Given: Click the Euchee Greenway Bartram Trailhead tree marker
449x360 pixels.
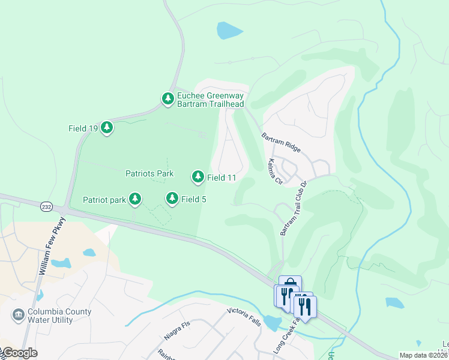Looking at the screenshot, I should [x=167, y=98].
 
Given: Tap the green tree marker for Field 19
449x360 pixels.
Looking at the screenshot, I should [x=107, y=127].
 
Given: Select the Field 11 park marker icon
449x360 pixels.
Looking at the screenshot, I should [x=197, y=176].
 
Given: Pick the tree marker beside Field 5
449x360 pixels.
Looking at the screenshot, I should [x=172, y=198].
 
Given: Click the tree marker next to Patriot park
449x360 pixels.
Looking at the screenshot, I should [x=136, y=199].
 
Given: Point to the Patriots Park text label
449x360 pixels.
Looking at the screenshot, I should [x=149, y=174].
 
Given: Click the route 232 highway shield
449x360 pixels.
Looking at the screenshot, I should [x=46, y=206].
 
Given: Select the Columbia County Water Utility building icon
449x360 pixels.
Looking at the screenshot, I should [x=18, y=314].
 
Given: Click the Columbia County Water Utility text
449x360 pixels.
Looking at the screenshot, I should [x=59, y=316].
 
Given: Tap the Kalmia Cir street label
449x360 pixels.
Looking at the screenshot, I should [x=274, y=171].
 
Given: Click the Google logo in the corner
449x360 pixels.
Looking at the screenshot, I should [x=19, y=353].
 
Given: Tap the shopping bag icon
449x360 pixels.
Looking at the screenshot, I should [x=290, y=284].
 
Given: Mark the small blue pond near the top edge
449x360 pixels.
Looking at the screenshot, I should [x=229, y=29].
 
